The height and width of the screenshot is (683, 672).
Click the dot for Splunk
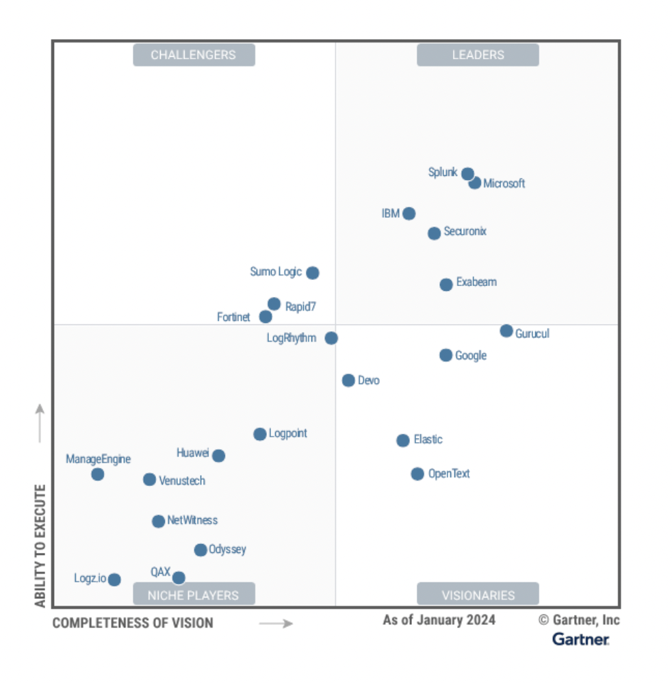click(467, 174)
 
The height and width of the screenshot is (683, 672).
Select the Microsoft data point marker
click(475, 183)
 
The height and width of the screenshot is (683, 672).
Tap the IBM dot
click(409, 214)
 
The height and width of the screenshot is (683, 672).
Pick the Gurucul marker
click(506, 331)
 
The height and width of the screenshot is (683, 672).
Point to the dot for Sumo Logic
click(313, 273)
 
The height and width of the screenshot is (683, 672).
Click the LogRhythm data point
click(331, 338)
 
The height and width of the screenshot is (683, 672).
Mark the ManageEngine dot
click(98, 474)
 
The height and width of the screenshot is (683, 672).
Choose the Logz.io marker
click(114, 580)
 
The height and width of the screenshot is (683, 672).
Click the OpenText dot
click(417, 474)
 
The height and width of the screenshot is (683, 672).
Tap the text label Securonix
click(465, 231)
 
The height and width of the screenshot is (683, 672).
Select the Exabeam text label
click(476, 282)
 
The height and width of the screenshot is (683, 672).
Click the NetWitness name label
click(192, 520)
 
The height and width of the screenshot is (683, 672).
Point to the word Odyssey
click(227, 550)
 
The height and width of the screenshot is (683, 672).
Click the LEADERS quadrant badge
click(478, 55)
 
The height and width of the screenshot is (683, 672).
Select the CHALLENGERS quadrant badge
click(194, 55)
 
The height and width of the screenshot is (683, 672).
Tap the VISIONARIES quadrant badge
click(478, 595)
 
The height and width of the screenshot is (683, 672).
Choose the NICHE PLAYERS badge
click(194, 595)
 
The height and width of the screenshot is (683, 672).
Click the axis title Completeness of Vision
click(133, 623)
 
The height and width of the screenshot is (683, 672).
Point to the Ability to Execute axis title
click(40, 545)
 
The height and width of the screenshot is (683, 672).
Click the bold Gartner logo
click(580, 639)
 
